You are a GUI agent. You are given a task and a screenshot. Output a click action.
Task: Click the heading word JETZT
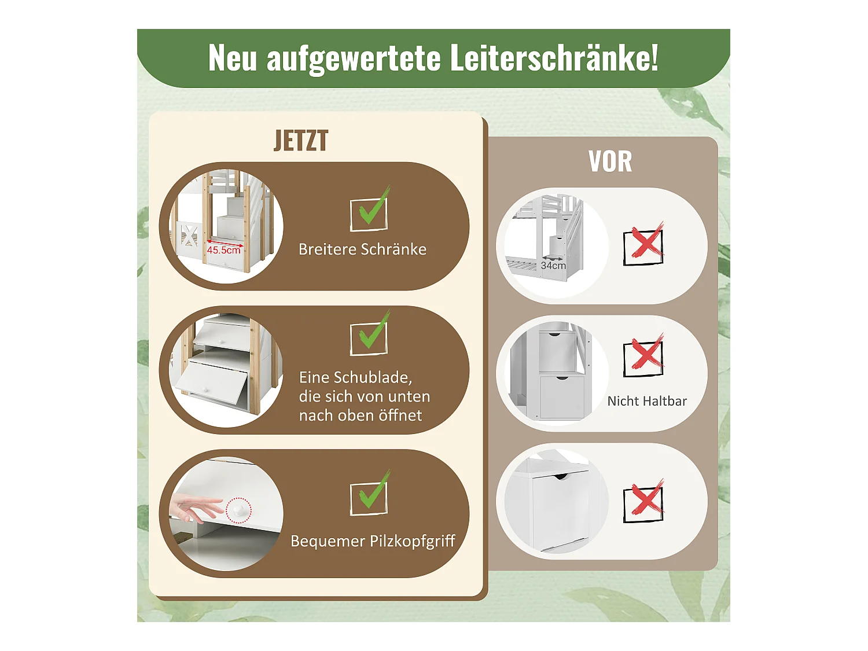pos(301,141)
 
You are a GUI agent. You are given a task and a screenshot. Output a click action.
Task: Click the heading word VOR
pos(610,162)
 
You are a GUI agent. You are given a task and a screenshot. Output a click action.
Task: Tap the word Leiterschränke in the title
pos(553,58)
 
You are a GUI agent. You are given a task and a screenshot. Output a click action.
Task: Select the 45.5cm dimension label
pos(223,250)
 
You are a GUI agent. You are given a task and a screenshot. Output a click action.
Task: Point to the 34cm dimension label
pos(553,266)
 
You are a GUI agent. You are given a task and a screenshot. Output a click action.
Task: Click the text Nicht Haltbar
pos(647,401)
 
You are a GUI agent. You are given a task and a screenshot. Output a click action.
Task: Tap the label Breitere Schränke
pos(362,249)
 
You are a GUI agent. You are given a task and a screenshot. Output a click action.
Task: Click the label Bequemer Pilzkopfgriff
pos(373,541)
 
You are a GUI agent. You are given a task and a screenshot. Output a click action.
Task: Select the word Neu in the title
pos(232,58)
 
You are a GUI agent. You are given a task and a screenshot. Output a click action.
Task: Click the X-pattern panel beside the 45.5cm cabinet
pos(189,237)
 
